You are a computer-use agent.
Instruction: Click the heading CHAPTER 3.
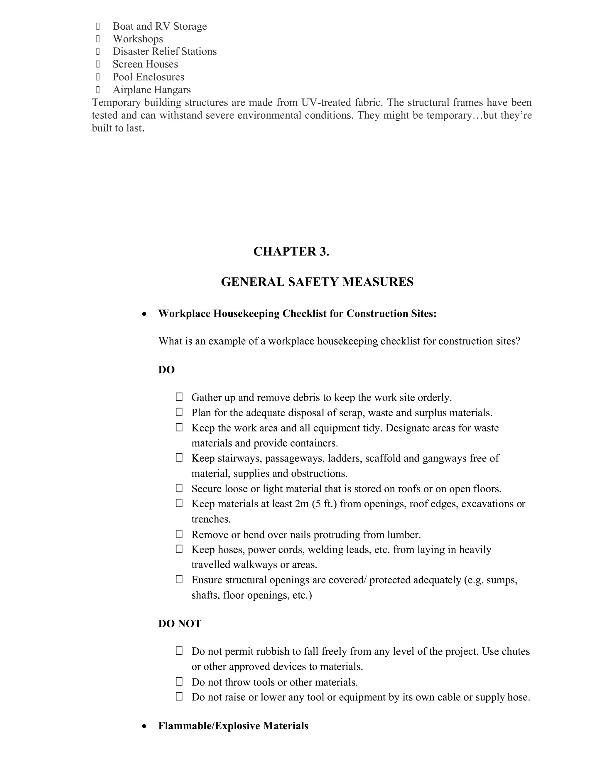coord(291,252)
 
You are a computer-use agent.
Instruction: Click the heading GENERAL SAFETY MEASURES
coord(317,282)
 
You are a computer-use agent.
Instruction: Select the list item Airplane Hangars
coord(152,90)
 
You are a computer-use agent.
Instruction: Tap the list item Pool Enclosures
coord(148,77)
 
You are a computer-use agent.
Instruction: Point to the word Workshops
coord(138,39)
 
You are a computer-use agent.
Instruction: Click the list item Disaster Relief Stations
coord(165,51)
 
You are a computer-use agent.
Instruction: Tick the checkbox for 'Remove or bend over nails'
coord(179,534)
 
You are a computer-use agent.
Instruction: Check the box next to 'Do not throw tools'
coord(179,681)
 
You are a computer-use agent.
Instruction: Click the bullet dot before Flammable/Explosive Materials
coord(144,726)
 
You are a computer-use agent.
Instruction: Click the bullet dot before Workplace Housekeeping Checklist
coord(144,314)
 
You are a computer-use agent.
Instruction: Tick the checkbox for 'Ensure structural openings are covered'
coord(179,579)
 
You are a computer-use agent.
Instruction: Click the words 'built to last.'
coord(118,128)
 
